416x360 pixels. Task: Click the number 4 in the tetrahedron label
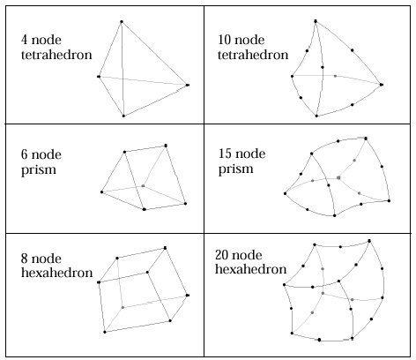click(x=25, y=40)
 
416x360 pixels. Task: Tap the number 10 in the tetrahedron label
click(x=224, y=40)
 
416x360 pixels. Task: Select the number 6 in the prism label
click(x=25, y=154)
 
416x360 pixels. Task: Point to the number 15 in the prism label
click(x=225, y=154)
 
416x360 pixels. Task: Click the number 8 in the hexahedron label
click(x=25, y=259)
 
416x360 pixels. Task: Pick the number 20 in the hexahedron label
click(x=222, y=255)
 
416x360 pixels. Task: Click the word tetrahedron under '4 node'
click(x=56, y=55)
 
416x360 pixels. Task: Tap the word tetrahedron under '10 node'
click(x=253, y=55)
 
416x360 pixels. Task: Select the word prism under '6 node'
click(x=39, y=170)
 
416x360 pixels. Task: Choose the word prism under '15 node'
click(x=236, y=169)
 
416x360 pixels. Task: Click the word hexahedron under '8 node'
click(x=57, y=273)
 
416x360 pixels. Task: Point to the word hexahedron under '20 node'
click(x=251, y=269)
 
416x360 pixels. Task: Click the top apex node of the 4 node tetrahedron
click(x=122, y=21)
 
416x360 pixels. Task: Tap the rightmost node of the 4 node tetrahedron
click(x=188, y=85)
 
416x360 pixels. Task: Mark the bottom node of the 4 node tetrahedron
click(x=123, y=116)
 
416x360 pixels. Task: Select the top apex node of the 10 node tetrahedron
click(x=316, y=21)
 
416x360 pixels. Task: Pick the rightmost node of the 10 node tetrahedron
click(x=382, y=85)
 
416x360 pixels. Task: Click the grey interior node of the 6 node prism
click(x=143, y=186)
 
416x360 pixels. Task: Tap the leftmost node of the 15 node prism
click(x=285, y=193)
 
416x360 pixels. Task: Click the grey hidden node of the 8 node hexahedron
click(x=123, y=307)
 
